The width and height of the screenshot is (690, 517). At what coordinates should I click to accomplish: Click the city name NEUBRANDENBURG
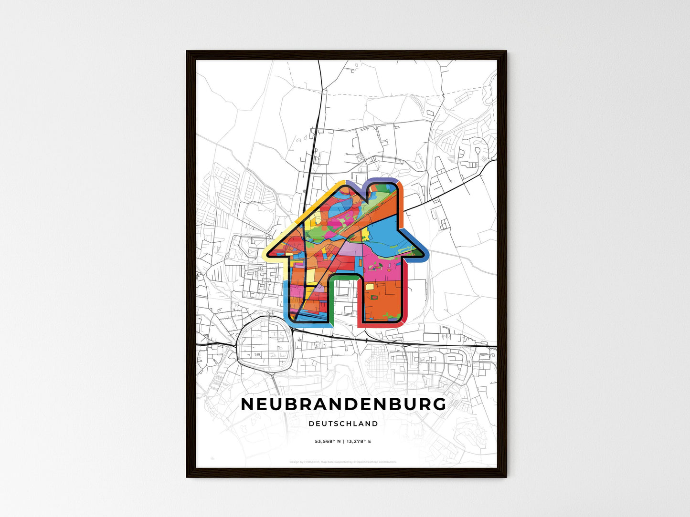click(x=343, y=404)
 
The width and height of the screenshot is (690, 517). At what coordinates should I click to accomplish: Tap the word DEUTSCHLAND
click(x=343, y=424)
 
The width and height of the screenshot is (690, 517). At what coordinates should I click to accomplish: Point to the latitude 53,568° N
click(x=323, y=441)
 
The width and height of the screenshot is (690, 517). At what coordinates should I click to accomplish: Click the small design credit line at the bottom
click(x=343, y=462)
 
